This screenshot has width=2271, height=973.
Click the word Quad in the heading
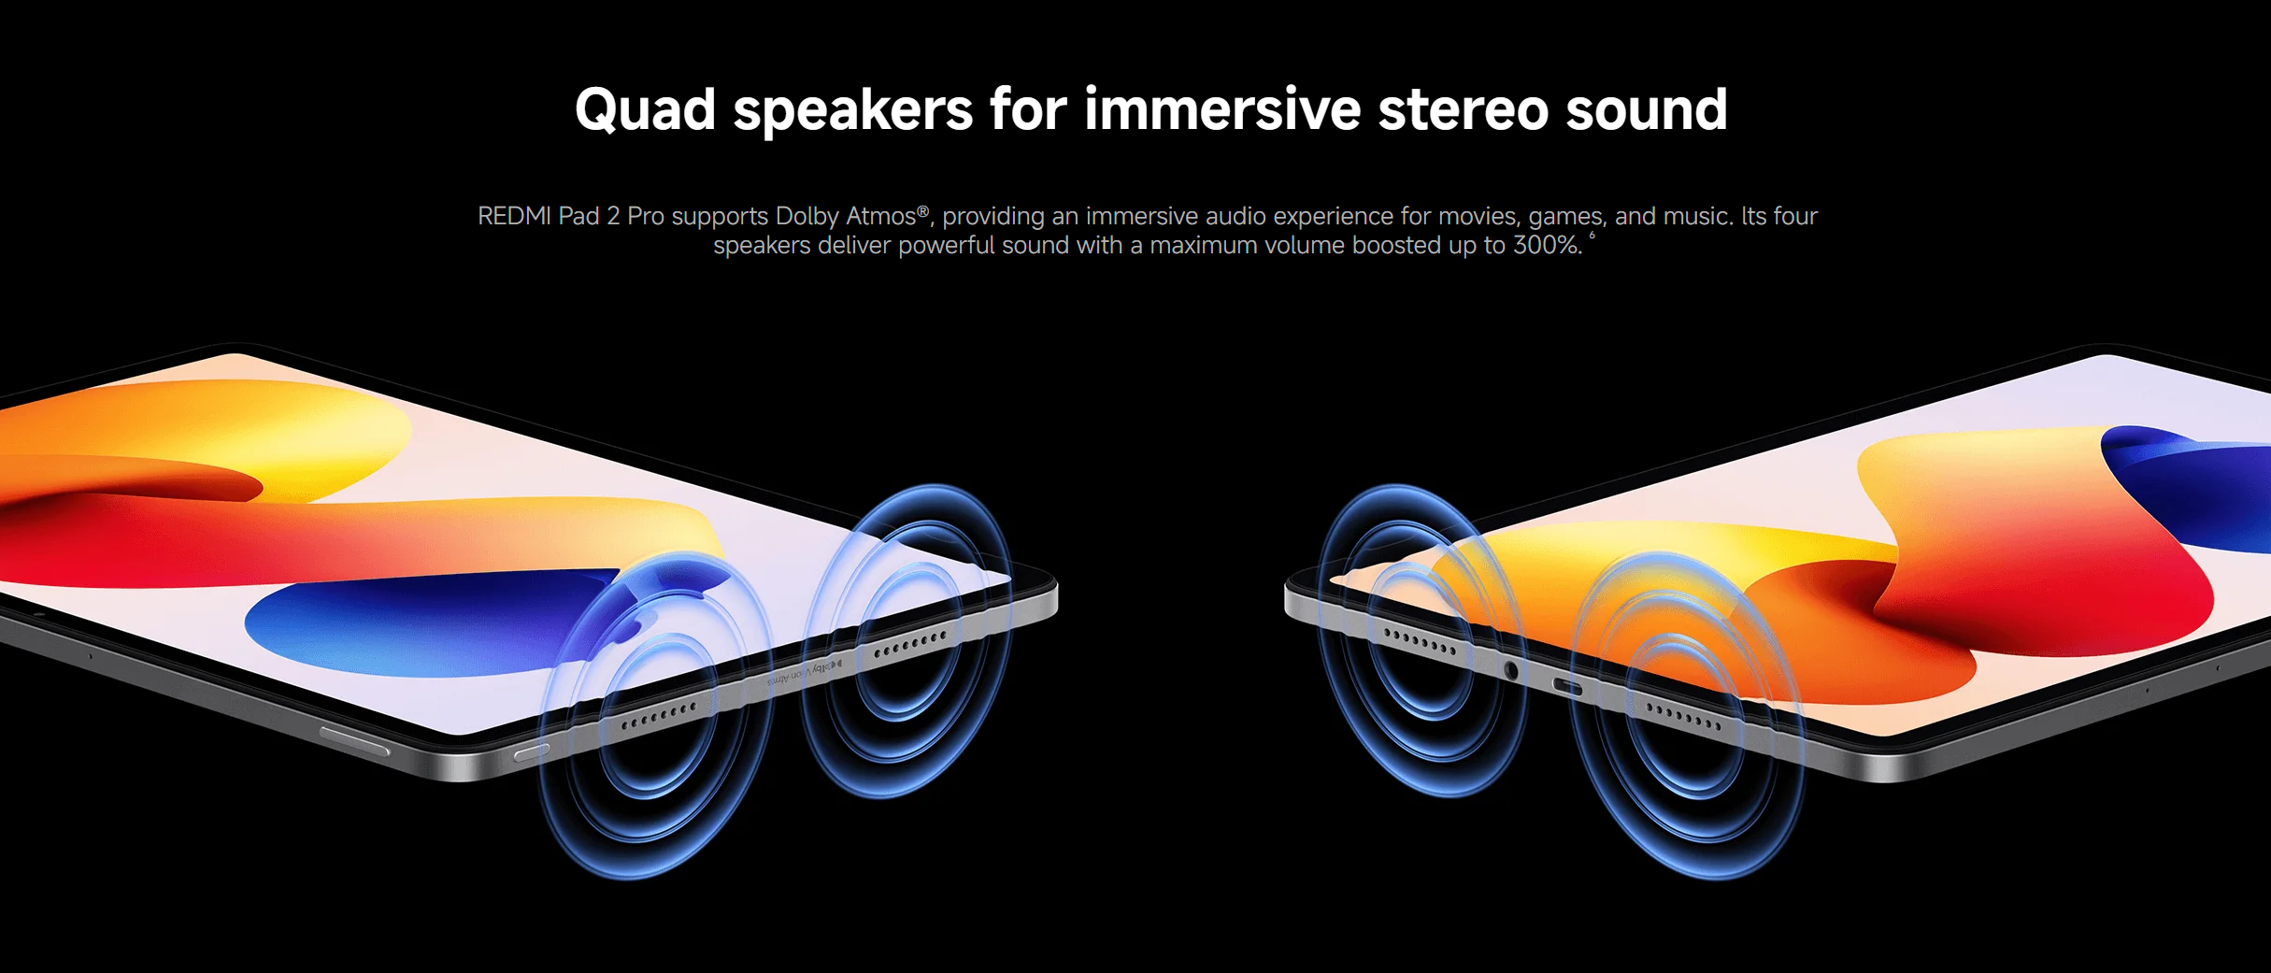coord(645,111)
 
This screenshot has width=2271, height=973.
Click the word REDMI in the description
coord(514,216)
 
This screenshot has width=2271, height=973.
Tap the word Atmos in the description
coord(880,216)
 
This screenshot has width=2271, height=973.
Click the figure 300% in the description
coord(1548,245)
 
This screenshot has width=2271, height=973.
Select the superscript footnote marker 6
coord(1593,236)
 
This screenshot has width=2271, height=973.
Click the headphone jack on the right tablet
coord(1510,669)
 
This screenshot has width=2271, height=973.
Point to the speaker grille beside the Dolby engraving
coord(910,644)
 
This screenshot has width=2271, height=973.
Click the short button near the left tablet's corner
coord(532,752)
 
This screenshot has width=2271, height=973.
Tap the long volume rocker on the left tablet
coord(354,740)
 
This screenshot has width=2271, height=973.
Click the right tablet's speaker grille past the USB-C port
coord(1683,716)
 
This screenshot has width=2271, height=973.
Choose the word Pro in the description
coord(646,216)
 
